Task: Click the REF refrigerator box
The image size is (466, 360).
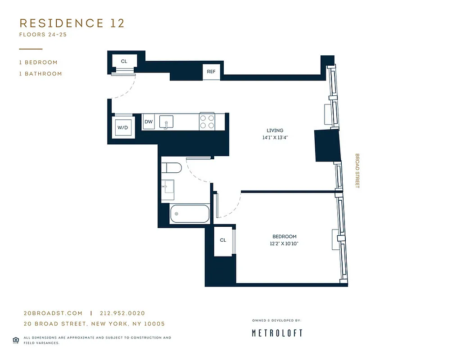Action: [x=211, y=72]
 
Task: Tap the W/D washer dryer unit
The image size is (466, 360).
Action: [x=123, y=128]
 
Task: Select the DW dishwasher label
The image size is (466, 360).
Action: [x=148, y=122]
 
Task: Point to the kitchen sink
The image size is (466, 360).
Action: [x=167, y=122]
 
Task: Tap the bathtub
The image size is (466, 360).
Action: [x=190, y=214]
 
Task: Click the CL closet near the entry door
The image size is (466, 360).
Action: [x=124, y=61]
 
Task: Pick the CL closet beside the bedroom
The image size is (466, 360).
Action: [x=223, y=240]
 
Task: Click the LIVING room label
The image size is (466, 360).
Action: [x=275, y=130]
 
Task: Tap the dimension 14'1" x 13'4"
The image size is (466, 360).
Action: [x=275, y=138]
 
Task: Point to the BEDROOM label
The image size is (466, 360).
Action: [x=285, y=237]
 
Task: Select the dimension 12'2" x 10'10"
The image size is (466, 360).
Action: [x=285, y=243]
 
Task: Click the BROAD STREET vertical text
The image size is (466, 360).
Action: [x=357, y=171]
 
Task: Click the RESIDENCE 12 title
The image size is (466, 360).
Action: [x=72, y=23]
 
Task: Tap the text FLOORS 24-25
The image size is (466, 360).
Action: [x=43, y=35]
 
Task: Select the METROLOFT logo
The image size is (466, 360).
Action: [x=277, y=333]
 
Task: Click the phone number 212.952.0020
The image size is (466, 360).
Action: [x=122, y=313]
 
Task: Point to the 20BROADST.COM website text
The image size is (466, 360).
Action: [x=53, y=313]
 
